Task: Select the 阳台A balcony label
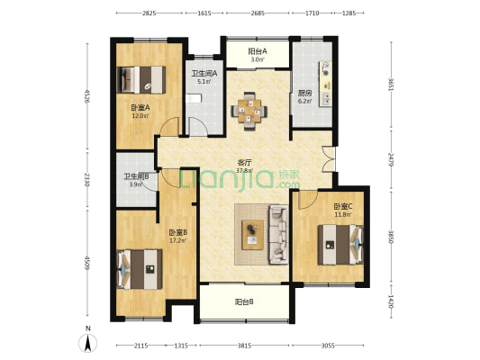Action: click(x=258, y=51)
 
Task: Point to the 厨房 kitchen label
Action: click(x=304, y=93)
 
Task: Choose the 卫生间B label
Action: click(x=136, y=176)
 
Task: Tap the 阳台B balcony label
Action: click(x=244, y=302)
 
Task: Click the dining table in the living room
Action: click(x=249, y=111)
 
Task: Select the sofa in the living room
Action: click(x=278, y=235)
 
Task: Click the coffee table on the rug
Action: click(x=252, y=235)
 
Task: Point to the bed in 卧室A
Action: click(x=141, y=80)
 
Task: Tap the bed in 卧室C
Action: click(x=340, y=245)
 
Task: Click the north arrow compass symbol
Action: click(x=88, y=343)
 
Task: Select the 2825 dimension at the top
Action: click(x=149, y=13)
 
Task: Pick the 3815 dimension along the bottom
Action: click(x=244, y=346)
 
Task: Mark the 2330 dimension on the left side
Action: click(x=87, y=179)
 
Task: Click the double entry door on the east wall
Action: click(x=329, y=159)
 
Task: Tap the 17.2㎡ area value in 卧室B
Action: click(x=178, y=240)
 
